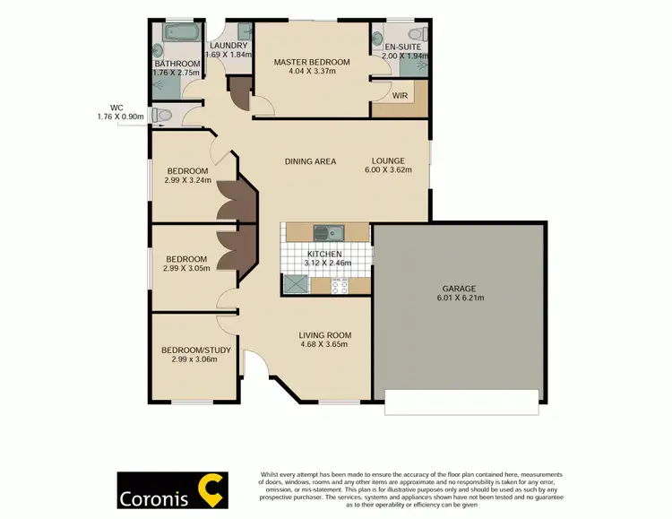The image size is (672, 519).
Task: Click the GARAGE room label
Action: coord(457,289)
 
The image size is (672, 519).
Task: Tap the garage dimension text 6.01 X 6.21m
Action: coord(457,298)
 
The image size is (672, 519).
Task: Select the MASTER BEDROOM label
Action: coord(312,62)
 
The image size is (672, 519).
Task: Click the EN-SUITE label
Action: coord(400,45)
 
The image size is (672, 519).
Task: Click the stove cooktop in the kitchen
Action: coord(339,285)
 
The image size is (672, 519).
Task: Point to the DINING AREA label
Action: coord(310,161)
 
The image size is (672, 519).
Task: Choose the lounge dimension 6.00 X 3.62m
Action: coord(388,171)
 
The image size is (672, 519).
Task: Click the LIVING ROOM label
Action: coord(323,335)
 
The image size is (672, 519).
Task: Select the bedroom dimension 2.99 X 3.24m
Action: coord(186,180)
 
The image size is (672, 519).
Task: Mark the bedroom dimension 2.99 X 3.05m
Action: coord(186,268)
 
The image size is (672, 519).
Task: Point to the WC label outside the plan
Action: coord(116,106)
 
